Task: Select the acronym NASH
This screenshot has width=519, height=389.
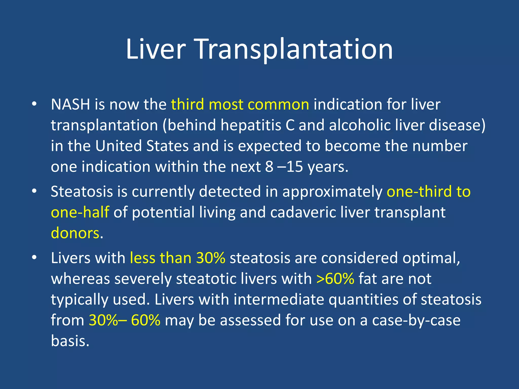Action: tap(70, 104)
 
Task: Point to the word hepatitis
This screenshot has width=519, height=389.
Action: tap(251, 125)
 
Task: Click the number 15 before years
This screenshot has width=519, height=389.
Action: tap(295, 167)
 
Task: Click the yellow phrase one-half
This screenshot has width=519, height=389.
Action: tap(80, 212)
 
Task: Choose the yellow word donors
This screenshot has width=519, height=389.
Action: tap(75, 233)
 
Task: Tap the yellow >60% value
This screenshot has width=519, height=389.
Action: tap(335, 279)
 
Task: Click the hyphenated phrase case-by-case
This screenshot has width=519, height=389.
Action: tap(416, 320)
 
